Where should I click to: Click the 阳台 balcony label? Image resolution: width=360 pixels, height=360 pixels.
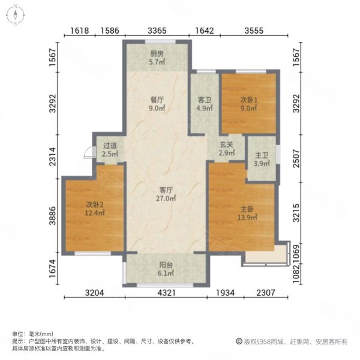(165, 268)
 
